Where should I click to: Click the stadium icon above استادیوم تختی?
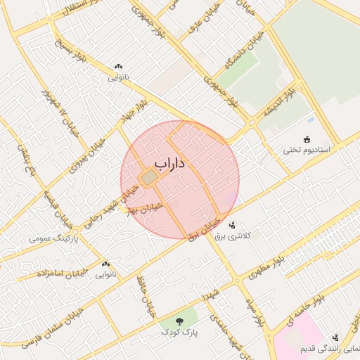(306, 139)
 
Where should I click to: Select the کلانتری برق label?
(250, 236)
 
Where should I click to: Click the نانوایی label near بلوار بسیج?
(118, 78)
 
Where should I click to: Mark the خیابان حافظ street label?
(146, 297)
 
